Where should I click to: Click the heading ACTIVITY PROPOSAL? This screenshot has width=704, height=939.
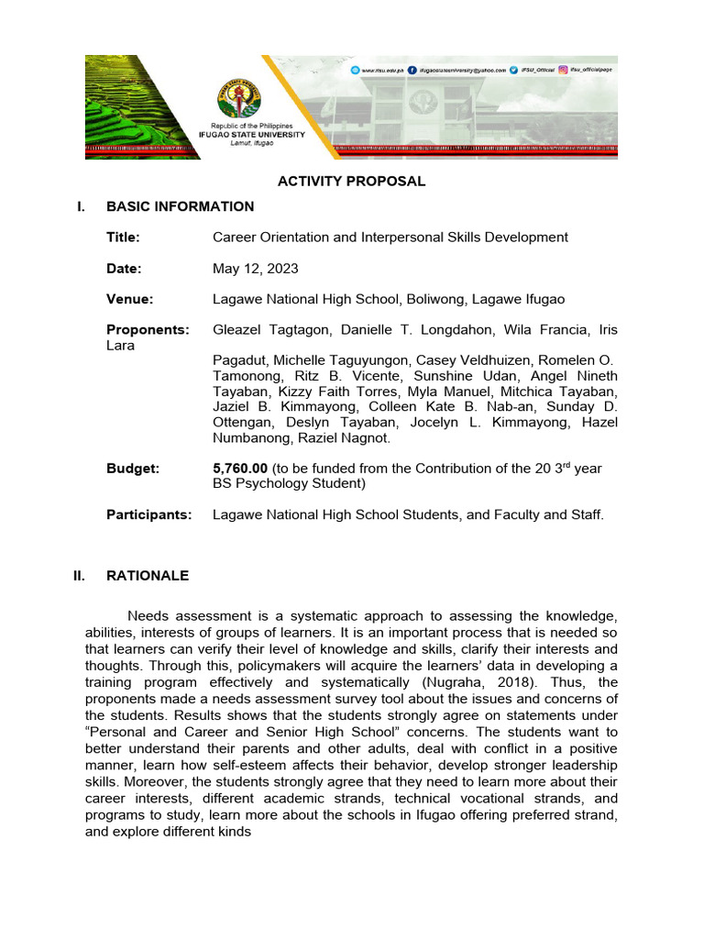352,182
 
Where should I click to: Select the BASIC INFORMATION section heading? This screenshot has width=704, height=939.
180,207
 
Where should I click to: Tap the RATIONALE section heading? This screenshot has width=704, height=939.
148,576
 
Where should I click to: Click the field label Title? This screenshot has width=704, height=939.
123,238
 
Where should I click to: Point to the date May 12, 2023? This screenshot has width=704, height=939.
255,269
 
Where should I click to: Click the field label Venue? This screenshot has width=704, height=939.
129,300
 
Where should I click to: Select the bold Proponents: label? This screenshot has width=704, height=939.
148,330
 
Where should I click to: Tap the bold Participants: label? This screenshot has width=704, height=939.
149,515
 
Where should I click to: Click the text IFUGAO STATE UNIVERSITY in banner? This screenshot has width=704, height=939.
252,134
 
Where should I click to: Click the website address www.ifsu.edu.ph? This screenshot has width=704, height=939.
379,70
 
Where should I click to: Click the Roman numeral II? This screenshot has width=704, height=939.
80,576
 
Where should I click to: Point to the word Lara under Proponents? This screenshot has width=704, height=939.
121,346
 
